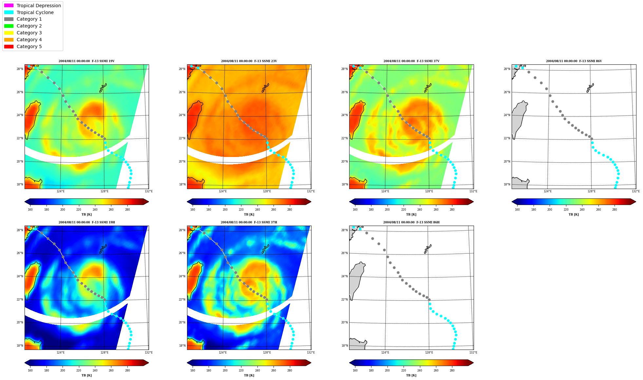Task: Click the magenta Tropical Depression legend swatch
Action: coord(9,6)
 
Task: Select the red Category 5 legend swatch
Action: coord(9,46)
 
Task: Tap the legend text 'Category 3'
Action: coord(29,33)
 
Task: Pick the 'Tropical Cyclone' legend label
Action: coord(35,12)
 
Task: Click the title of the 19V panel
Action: coord(86,61)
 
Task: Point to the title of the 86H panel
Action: coord(411,222)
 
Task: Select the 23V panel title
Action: coord(249,61)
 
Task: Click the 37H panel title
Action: coord(249,222)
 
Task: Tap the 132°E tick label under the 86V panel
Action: coord(635,191)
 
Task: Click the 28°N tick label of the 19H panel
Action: coord(20,230)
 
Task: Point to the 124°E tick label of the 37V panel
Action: coord(385,191)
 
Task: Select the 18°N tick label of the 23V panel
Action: coord(182,184)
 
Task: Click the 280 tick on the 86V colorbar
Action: coord(615,210)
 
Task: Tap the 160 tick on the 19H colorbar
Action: coord(30,371)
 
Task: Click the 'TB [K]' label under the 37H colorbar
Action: coord(249,375)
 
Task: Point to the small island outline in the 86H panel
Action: coord(428,249)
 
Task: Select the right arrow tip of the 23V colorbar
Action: coord(311,202)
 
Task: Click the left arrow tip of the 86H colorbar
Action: coord(350,363)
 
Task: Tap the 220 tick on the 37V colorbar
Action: coord(404,210)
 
